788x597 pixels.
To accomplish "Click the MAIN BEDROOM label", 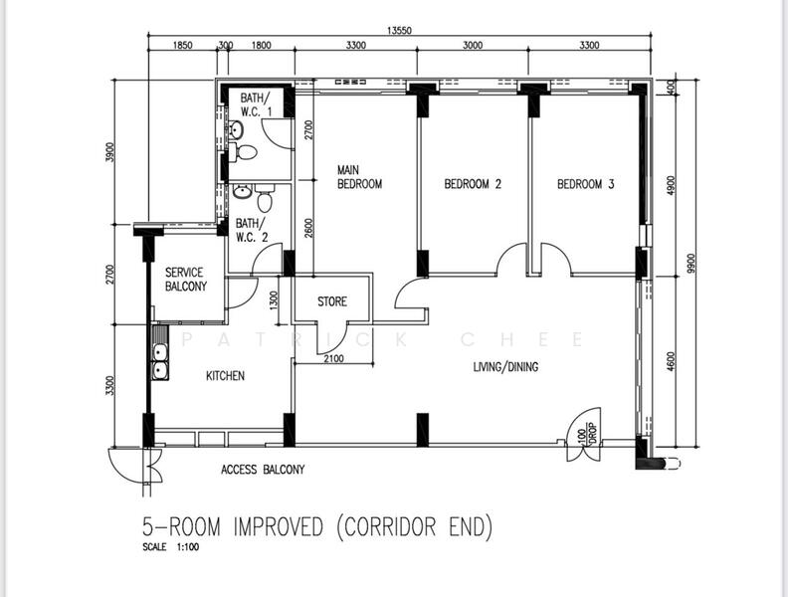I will point(359,176).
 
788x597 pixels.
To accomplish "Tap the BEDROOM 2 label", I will point(472,184).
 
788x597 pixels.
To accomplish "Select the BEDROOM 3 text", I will point(585,184).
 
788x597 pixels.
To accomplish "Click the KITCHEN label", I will point(225,376).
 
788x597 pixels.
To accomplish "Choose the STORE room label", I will point(332,301).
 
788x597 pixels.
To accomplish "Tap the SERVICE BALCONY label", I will point(186,280).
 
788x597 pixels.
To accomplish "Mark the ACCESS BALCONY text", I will point(263,470).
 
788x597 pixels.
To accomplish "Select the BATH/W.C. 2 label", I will point(250,230).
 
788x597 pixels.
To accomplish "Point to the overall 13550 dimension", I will point(400,31).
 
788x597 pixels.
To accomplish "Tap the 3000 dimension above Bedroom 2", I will point(473,45).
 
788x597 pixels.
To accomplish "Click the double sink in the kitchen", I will point(159,362).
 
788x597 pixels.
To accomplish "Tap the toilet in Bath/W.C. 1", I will point(246,152).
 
